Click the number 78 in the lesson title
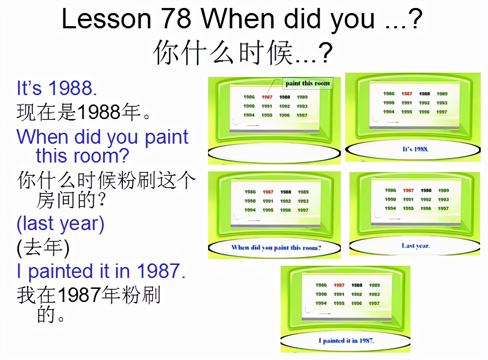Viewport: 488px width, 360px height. [176, 19]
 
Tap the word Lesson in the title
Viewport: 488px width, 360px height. [106, 19]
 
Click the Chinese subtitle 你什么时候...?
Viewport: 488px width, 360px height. [243, 53]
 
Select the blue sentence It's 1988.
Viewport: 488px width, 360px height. [57, 88]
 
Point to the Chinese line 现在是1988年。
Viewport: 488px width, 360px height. [83, 112]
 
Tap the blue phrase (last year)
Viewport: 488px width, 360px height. [61, 224]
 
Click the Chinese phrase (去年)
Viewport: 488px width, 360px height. [43, 247]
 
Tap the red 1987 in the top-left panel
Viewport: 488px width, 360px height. [267, 97]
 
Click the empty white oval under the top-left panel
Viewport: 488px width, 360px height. [274, 154]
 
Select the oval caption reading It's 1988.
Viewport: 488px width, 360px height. [415, 149]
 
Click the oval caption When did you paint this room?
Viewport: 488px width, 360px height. [276, 247]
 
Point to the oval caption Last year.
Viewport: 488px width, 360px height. [415, 246]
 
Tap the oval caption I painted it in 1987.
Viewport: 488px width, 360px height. [346, 340]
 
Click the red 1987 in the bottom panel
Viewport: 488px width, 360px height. [339, 285]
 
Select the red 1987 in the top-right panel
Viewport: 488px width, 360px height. [407, 94]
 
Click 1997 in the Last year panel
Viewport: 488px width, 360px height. [443, 208]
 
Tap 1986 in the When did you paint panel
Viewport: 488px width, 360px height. [250, 192]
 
